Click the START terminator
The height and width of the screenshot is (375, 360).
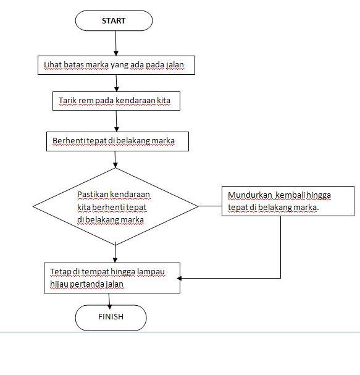pyautogui.click(x=114, y=21)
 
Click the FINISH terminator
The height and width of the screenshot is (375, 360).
pyautogui.click(x=111, y=318)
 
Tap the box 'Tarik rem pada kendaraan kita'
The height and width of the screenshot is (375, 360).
pyautogui.click(x=116, y=101)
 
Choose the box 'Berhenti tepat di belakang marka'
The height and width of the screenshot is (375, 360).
pyautogui.click(x=117, y=141)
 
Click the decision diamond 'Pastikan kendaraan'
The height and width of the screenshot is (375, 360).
pyautogui.click(x=115, y=206)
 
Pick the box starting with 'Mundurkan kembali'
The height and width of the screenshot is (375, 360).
pyautogui.click(x=287, y=201)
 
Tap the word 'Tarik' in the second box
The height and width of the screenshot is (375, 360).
pyautogui.click(x=67, y=100)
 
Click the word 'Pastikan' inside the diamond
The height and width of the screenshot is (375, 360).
pyautogui.click(x=91, y=194)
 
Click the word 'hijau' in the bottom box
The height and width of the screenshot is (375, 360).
pyautogui.click(x=59, y=284)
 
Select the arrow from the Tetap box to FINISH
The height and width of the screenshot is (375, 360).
pyautogui.click(x=110, y=299)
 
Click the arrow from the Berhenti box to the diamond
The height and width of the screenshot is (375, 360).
pyautogui.click(x=115, y=159)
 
